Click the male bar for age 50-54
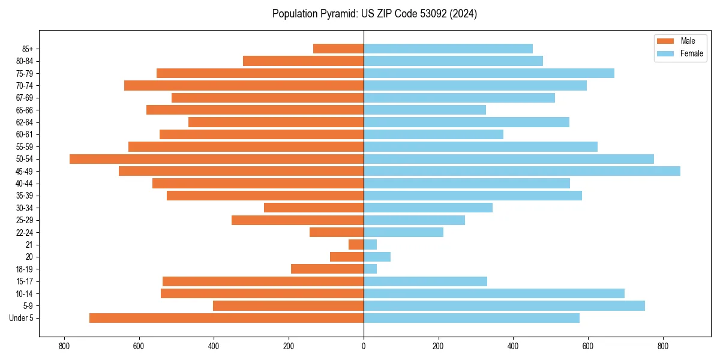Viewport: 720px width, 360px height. (x=217, y=159)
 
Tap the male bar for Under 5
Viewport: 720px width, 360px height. (x=226, y=318)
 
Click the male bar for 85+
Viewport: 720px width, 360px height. (x=338, y=49)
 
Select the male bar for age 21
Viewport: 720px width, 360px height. (x=356, y=245)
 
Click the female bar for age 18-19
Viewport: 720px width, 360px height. (x=370, y=269)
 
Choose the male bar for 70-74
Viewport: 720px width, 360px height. (x=244, y=85)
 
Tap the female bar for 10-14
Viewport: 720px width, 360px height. (x=494, y=293)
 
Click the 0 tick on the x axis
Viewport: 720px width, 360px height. (x=364, y=346)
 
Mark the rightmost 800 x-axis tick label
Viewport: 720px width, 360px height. (x=662, y=346)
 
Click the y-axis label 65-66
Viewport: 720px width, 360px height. (x=25, y=110)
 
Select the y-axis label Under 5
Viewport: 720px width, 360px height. (x=22, y=318)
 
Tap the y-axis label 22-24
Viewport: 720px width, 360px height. (x=25, y=232)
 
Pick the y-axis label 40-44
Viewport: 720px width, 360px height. (x=25, y=184)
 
